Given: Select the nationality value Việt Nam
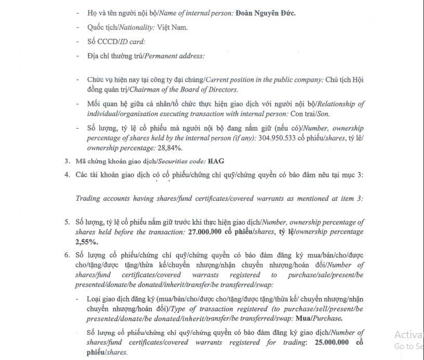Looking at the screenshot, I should (174, 27).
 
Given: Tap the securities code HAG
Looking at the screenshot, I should (216, 162).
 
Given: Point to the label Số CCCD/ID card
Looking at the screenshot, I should (117, 41).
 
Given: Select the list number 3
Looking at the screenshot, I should (67, 162).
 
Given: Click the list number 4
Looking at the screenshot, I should (67, 174).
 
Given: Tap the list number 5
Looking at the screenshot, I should (67, 222).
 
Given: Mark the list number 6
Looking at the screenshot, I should (67, 255).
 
